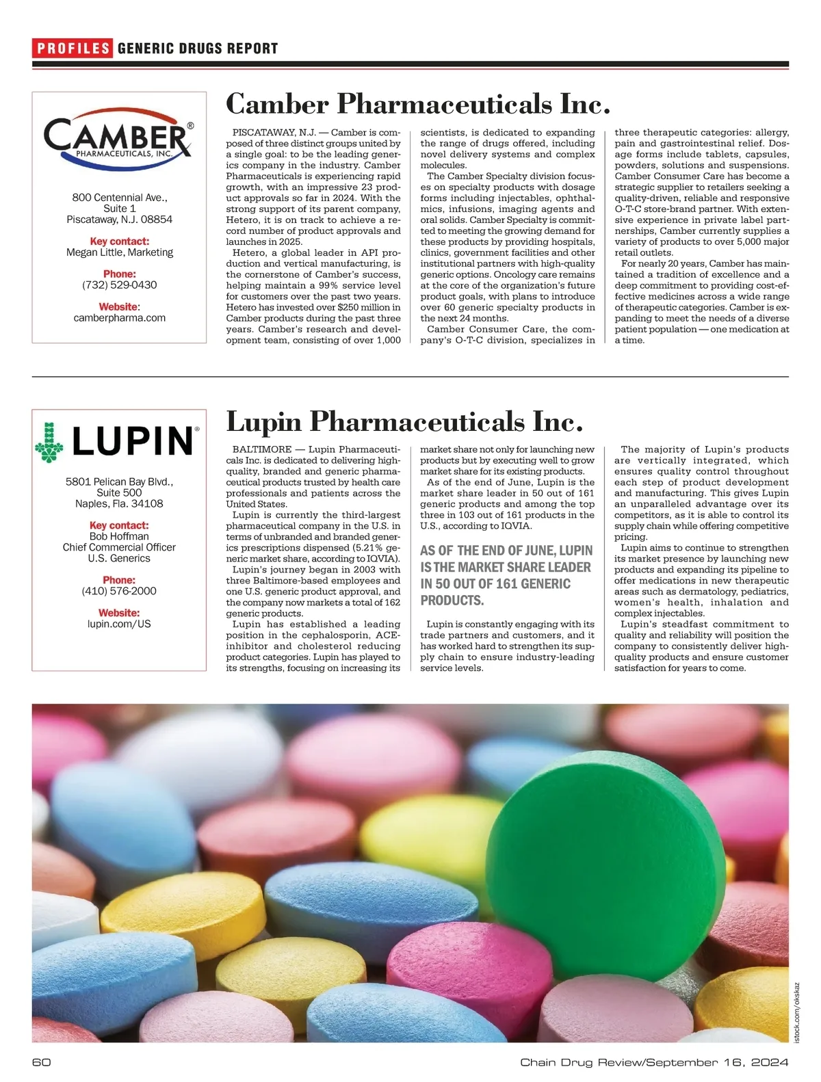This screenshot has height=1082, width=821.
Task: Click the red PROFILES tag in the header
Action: pos(73,48)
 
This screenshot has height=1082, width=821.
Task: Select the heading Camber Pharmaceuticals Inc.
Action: pos(417,104)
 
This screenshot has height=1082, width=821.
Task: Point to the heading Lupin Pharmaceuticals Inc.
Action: pos(404,421)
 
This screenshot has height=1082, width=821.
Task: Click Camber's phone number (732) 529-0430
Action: pos(119,285)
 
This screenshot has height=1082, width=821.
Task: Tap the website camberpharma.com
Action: pos(119,317)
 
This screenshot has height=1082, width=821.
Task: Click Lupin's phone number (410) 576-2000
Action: pos(119,591)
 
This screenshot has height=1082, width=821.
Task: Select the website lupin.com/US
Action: pos(119,624)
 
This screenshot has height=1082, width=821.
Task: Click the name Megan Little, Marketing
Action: pos(119,252)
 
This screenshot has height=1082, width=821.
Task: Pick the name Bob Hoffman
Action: pos(119,536)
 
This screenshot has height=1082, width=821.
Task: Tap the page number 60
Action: pos(42,1062)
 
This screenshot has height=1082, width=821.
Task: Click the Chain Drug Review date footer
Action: pos(654,1062)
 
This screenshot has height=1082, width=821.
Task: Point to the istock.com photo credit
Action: pos(796,1012)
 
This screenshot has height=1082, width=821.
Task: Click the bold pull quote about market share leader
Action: pos(506,575)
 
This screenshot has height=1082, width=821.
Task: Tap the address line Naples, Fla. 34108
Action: pos(119,503)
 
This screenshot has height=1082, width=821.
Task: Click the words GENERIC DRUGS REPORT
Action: pos(198,48)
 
